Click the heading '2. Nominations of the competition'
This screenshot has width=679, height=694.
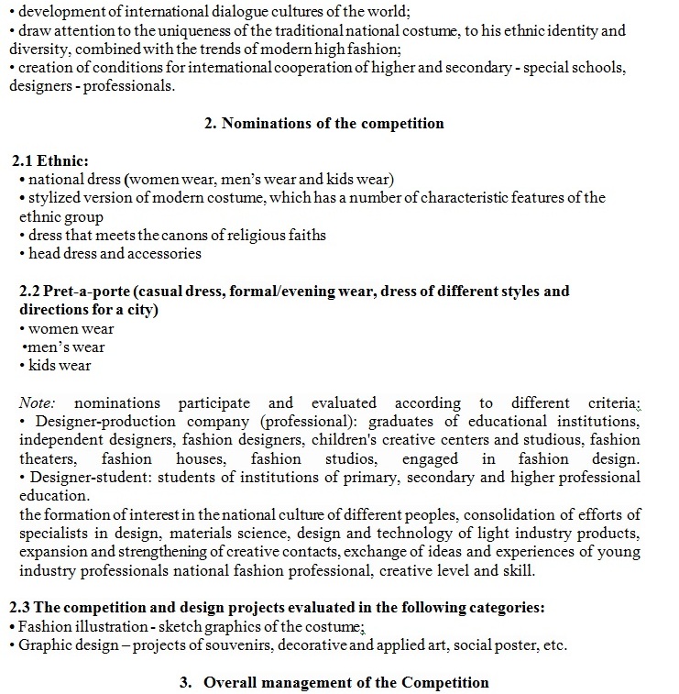tap(323, 124)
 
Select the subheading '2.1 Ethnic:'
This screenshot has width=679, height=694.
tap(57, 160)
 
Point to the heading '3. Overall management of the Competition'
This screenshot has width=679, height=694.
tap(334, 683)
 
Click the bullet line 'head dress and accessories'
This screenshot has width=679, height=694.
tap(115, 253)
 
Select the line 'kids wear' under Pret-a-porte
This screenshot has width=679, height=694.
tap(60, 366)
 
